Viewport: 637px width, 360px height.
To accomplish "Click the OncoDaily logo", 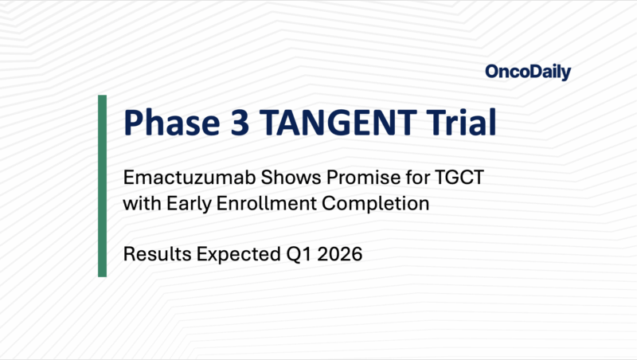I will [x=528, y=72].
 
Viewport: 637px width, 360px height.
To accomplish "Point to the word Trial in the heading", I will [x=462, y=125].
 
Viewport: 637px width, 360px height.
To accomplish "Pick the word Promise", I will [x=355, y=178].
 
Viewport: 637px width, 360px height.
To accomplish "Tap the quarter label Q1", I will [x=291, y=256].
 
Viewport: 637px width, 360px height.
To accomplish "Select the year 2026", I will [x=333, y=256].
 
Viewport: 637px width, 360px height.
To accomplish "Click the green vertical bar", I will [x=102, y=186].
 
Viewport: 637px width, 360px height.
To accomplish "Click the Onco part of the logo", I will [x=506, y=72].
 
